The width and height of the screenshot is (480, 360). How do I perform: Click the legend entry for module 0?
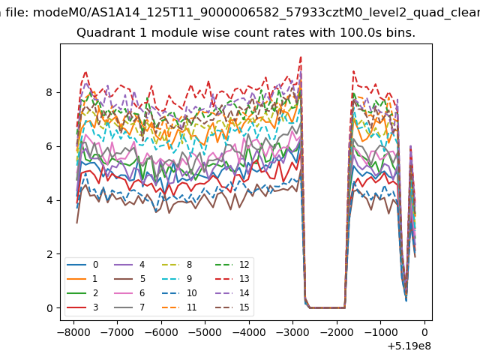[x=82, y=265]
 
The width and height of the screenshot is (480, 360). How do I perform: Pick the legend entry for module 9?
[x=177, y=279]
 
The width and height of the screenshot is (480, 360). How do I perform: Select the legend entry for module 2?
[x=82, y=293]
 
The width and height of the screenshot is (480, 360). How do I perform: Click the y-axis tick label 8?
[x=49, y=92]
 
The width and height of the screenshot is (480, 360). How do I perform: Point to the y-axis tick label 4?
[x=49, y=200]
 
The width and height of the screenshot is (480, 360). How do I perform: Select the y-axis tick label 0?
[x=49, y=308]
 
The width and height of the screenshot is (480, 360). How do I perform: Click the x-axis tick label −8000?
[x=73, y=332]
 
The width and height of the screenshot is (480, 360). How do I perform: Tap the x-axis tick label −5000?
[x=205, y=332]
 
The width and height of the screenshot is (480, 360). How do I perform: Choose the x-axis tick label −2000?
[x=337, y=332]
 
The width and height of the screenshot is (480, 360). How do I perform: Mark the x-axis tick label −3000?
[x=292, y=332]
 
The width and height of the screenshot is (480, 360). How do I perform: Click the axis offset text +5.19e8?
[x=409, y=346]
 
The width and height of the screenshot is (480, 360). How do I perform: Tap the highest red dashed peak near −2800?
[x=301, y=57]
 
